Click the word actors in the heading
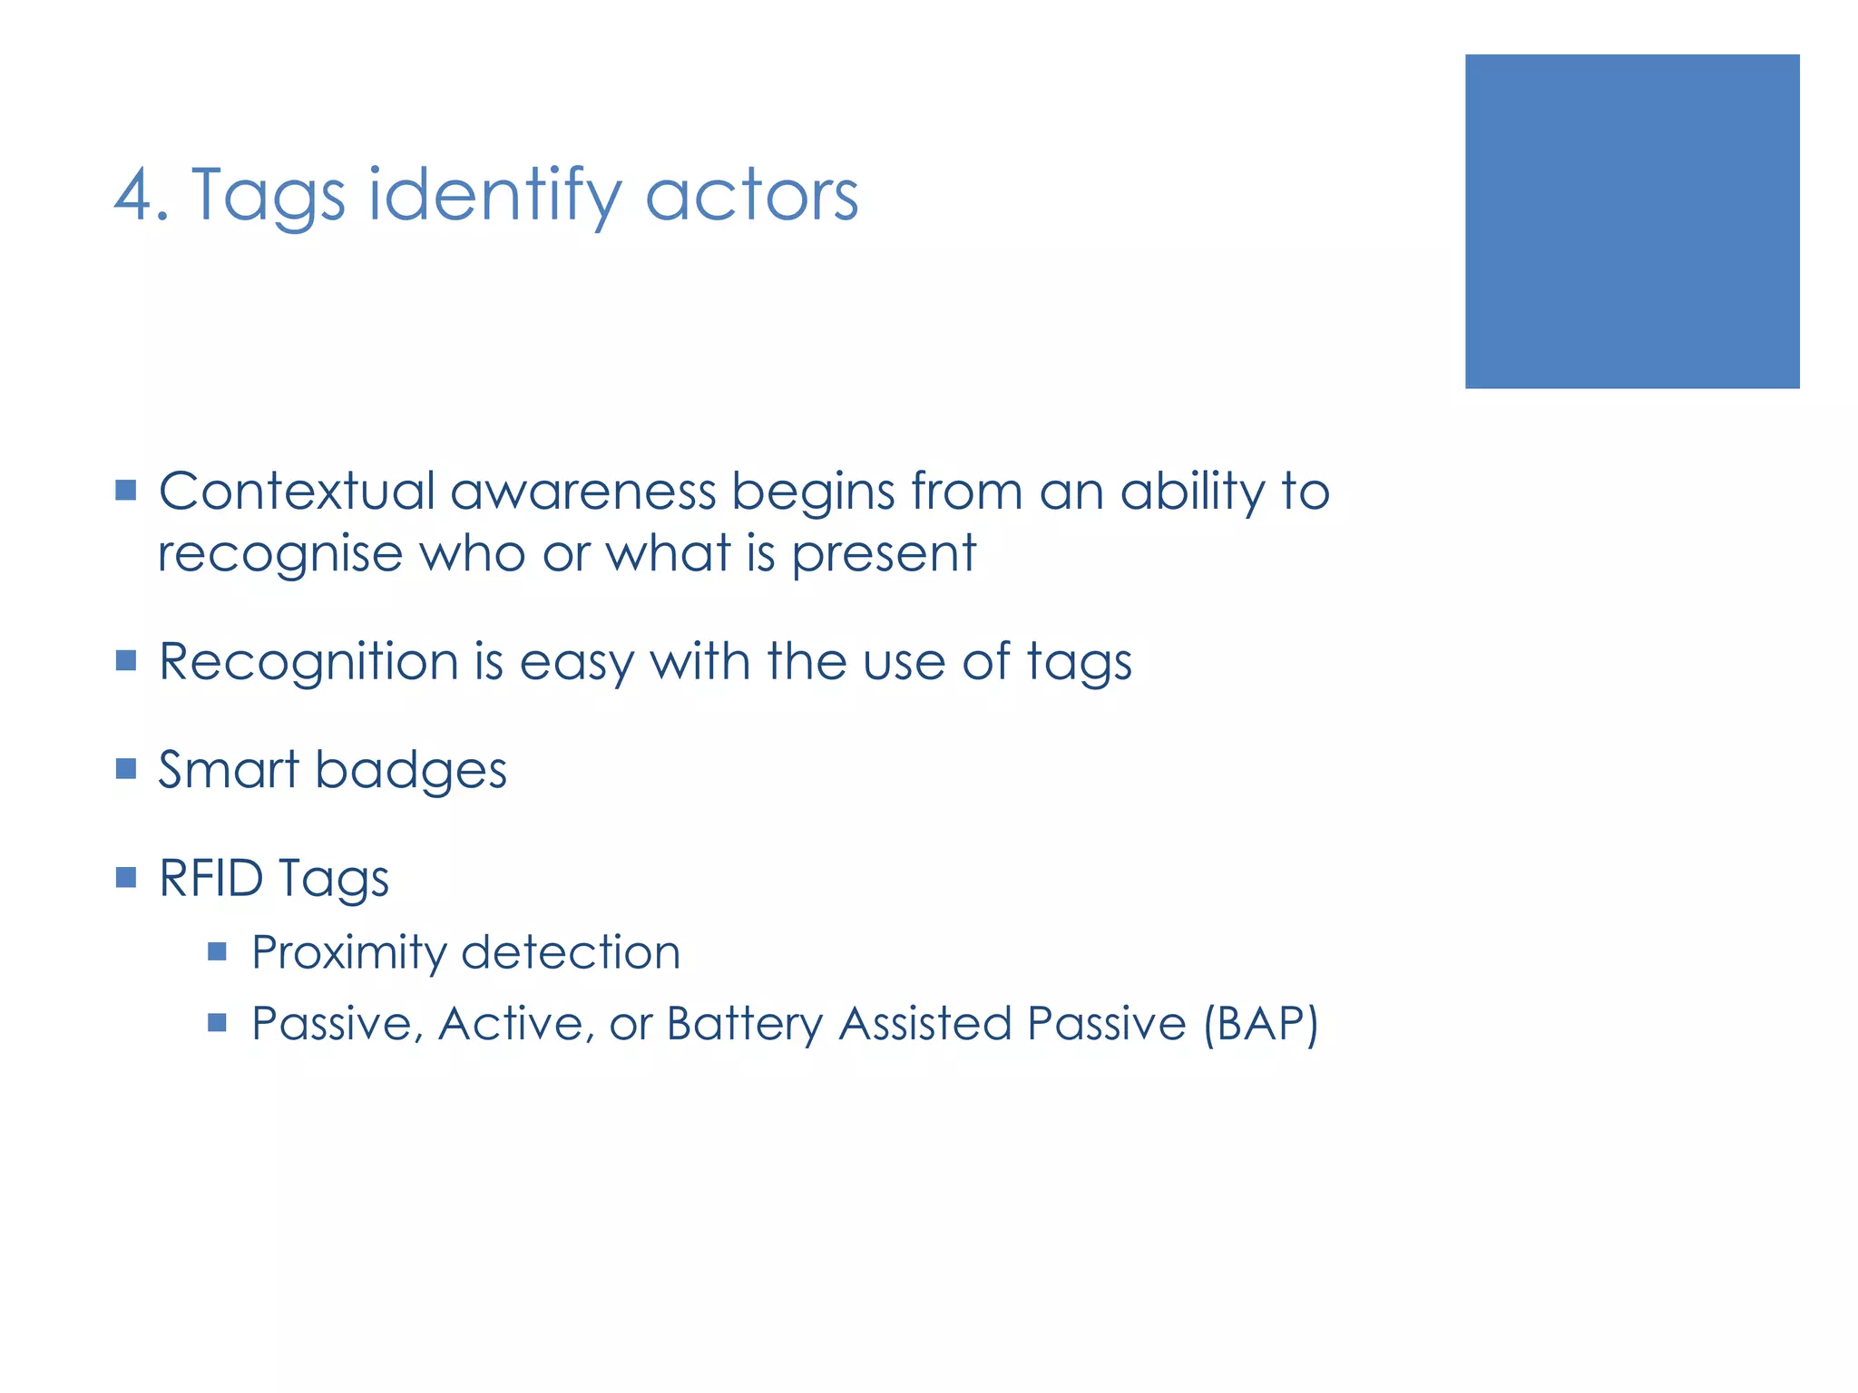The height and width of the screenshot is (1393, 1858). (x=751, y=195)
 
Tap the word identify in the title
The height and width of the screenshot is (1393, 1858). (x=494, y=195)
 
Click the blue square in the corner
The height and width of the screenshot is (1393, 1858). (x=1631, y=221)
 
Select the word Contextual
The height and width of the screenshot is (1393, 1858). (x=297, y=492)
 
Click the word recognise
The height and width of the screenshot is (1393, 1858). (x=279, y=553)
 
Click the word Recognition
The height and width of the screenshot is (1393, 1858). (x=308, y=662)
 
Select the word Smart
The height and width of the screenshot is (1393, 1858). (x=229, y=770)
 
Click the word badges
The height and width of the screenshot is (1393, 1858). (x=410, y=772)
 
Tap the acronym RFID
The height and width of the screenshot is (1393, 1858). (x=210, y=878)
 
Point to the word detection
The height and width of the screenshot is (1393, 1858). (x=571, y=952)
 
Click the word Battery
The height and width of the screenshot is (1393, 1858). (x=744, y=1024)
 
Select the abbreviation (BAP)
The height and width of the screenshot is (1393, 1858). (x=1260, y=1024)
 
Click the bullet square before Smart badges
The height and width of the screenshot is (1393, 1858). (x=126, y=769)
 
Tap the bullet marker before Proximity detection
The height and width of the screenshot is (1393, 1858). (x=217, y=951)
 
